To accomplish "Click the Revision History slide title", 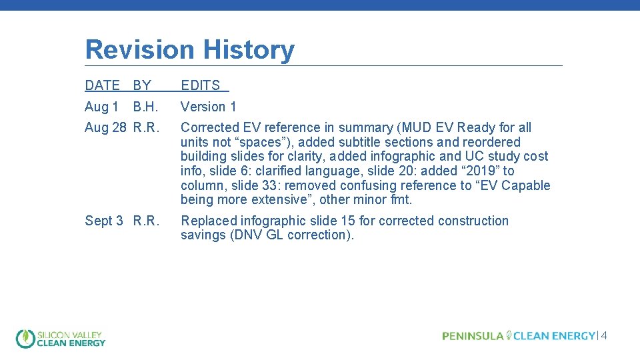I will [189, 50].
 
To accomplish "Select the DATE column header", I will [102, 85].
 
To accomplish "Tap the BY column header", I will [142, 85].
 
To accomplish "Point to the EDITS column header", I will [201, 85].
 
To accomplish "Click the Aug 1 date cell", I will [101, 107].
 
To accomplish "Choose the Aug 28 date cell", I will [105, 127].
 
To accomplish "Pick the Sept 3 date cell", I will [104, 221].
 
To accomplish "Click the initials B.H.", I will [146, 107].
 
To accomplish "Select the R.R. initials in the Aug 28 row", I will [146, 127].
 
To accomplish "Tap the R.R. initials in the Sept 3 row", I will [146, 221].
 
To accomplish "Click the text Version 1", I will [209, 107].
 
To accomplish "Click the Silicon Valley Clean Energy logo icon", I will [25, 339].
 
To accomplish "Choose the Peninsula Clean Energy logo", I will [518, 336].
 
